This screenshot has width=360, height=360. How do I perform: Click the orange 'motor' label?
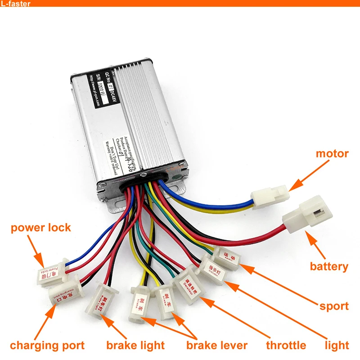332,154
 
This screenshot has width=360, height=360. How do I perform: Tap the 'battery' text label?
329,266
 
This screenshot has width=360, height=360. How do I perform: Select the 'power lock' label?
41,227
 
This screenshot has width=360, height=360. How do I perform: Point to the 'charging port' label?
47,346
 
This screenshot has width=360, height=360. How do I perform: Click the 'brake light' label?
135,346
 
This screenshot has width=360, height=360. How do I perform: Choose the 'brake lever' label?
217,346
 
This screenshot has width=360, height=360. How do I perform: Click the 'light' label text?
337,346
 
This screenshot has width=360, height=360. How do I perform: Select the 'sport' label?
334,306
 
